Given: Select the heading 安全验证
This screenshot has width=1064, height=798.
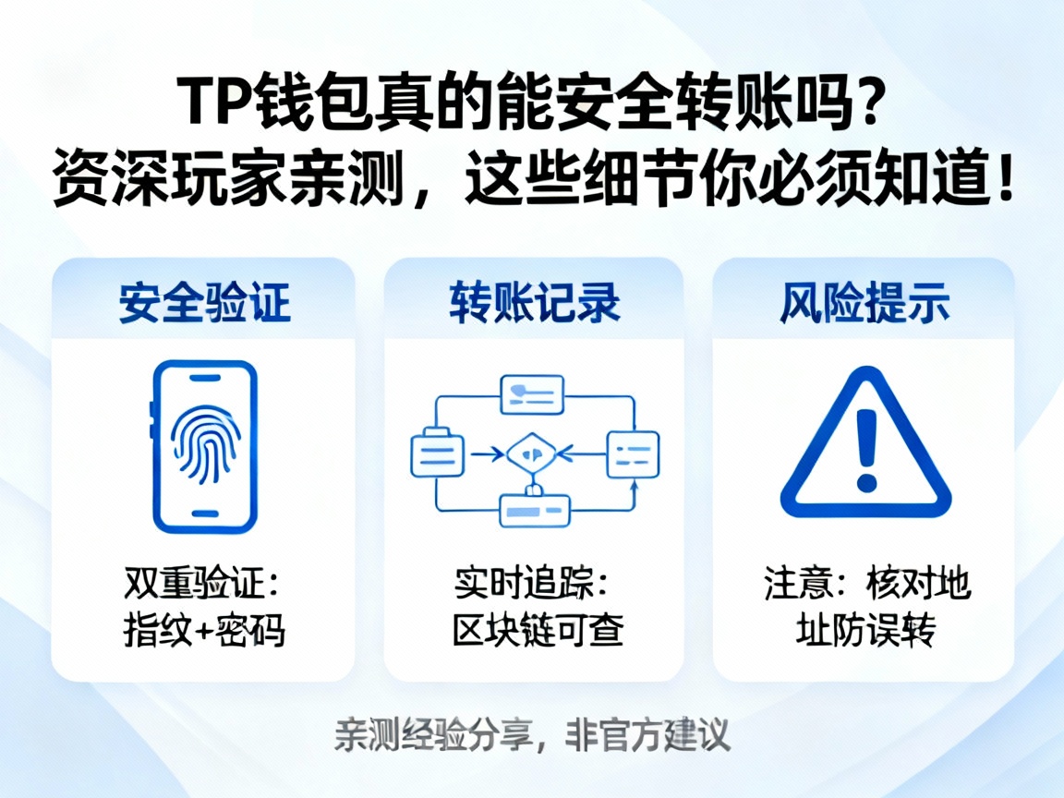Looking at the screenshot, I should [204, 303].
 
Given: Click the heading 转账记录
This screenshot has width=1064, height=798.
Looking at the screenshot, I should [535, 303].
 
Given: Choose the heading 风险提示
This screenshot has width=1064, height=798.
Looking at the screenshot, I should [864, 303].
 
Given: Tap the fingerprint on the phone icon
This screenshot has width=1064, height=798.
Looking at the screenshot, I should [205, 434].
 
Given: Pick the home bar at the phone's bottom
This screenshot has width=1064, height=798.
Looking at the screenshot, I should [205, 513].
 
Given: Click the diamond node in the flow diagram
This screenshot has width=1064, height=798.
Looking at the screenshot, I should [532, 453].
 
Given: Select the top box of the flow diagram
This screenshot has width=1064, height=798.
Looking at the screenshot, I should [532, 395].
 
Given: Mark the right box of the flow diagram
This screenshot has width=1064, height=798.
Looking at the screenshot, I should [633, 453].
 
